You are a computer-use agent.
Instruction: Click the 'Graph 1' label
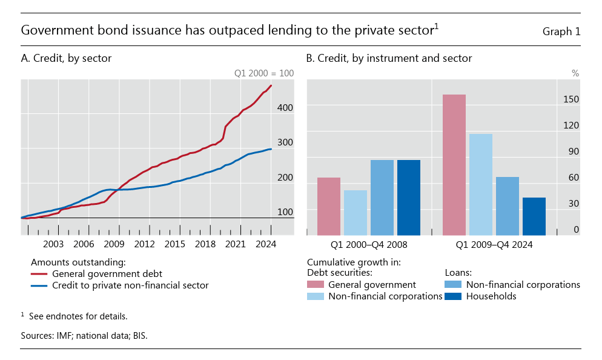point(561,32)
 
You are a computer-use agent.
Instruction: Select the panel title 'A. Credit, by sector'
point(66,58)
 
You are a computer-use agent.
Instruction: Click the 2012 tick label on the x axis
point(144,244)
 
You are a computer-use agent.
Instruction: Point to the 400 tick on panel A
point(285,107)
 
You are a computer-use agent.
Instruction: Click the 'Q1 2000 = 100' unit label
point(263,73)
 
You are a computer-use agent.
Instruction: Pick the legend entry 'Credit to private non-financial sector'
point(130,285)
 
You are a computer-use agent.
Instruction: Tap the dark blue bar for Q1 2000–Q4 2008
point(409,198)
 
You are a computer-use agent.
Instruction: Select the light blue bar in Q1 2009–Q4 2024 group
point(481,184)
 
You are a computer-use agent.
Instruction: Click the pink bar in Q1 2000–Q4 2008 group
point(329,206)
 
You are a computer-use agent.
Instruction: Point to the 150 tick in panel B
point(572,99)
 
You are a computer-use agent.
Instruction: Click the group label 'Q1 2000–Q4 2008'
point(369,245)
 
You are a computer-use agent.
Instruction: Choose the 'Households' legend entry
point(491,296)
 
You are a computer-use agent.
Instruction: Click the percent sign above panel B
point(575,73)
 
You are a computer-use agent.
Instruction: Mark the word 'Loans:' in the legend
point(458,273)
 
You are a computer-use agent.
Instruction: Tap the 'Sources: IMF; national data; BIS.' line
point(84,335)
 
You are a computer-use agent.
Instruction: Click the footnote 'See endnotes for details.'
point(78,316)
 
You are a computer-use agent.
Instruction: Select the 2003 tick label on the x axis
point(53,244)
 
